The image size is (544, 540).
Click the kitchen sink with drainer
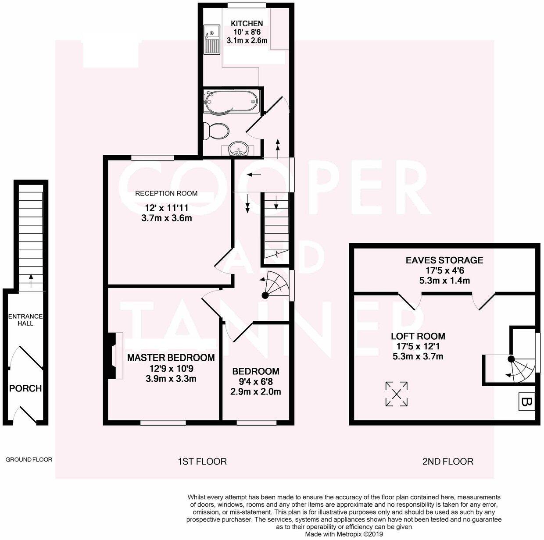point(211,39)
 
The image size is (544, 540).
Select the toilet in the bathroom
point(216,131)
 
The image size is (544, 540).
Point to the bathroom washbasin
point(238,150)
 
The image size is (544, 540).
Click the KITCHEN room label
point(247,24)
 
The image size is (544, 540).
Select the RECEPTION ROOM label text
point(166,193)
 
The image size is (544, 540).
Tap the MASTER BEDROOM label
point(171,358)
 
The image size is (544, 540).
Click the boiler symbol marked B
point(526,402)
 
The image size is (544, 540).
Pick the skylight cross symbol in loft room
point(396,394)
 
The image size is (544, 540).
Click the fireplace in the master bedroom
point(115,355)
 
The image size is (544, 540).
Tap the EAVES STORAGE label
point(444,260)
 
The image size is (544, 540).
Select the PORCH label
point(25,388)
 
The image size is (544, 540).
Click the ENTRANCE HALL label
point(25,320)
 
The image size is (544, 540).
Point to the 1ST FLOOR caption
point(202,461)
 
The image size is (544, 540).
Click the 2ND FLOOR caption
point(447,461)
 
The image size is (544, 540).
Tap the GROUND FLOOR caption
point(29,460)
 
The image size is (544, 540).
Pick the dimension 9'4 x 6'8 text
point(255,381)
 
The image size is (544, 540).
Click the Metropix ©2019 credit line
point(344,534)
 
